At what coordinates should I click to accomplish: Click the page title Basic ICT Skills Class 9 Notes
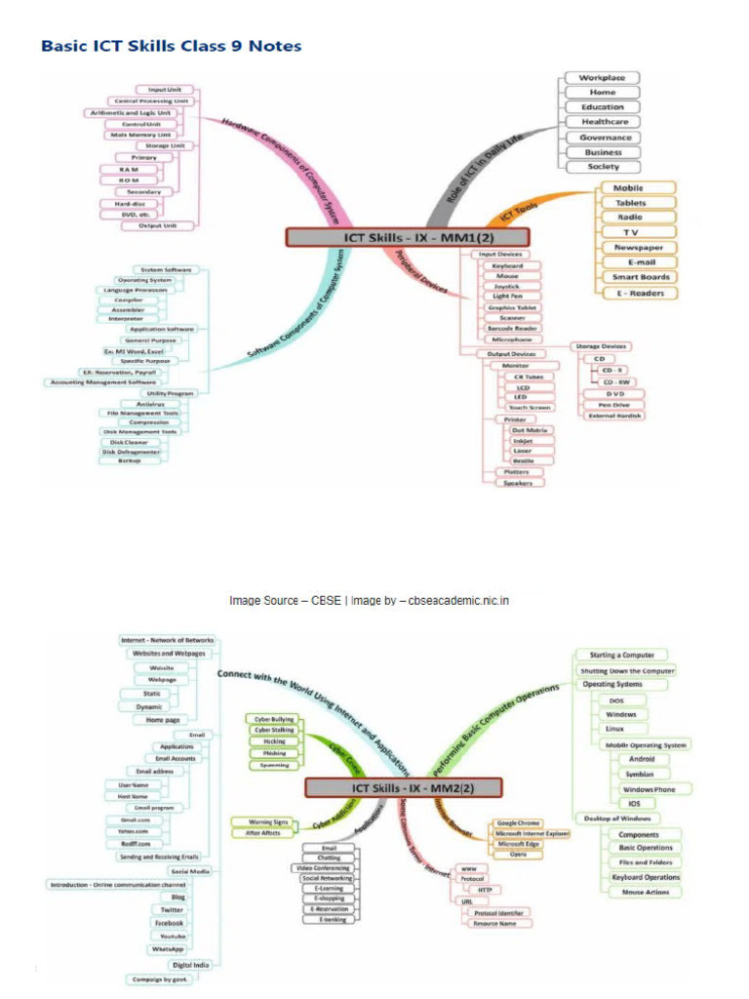point(171,46)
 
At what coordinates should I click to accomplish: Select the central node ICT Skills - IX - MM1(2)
point(407,237)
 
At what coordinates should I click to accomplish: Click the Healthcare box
point(603,122)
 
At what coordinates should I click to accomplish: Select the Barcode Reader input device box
point(512,329)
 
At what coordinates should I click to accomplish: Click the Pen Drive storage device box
point(611,404)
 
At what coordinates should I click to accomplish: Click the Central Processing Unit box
point(152,100)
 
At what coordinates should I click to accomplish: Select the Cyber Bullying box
point(274,718)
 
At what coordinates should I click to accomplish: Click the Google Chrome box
point(519,823)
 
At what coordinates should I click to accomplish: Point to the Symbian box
point(641,774)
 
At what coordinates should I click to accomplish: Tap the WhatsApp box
point(168,948)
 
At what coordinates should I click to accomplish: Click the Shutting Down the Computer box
point(627,671)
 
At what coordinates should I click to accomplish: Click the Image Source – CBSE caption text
point(369,601)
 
